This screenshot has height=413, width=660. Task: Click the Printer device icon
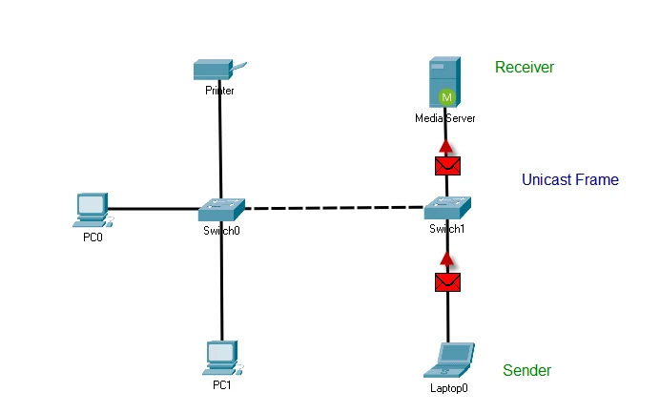click(218, 70)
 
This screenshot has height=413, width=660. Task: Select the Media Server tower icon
click(444, 82)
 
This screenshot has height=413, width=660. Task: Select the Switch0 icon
click(221, 208)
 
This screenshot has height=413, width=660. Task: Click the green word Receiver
click(525, 67)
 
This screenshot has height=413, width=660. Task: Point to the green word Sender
click(526, 370)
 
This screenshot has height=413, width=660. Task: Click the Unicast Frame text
click(569, 179)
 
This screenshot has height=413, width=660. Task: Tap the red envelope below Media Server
click(447, 165)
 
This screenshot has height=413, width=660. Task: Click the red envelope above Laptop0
click(447, 280)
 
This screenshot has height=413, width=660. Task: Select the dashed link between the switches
click(334, 208)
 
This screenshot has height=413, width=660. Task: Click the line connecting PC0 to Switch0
click(153, 208)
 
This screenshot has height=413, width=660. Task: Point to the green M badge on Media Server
click(445, 96)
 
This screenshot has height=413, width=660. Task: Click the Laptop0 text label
click(449, 388)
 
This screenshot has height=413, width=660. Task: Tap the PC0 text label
click(93, 237)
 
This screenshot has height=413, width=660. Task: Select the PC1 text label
click(222, 385)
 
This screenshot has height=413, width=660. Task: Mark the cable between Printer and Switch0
click(220, 143)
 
